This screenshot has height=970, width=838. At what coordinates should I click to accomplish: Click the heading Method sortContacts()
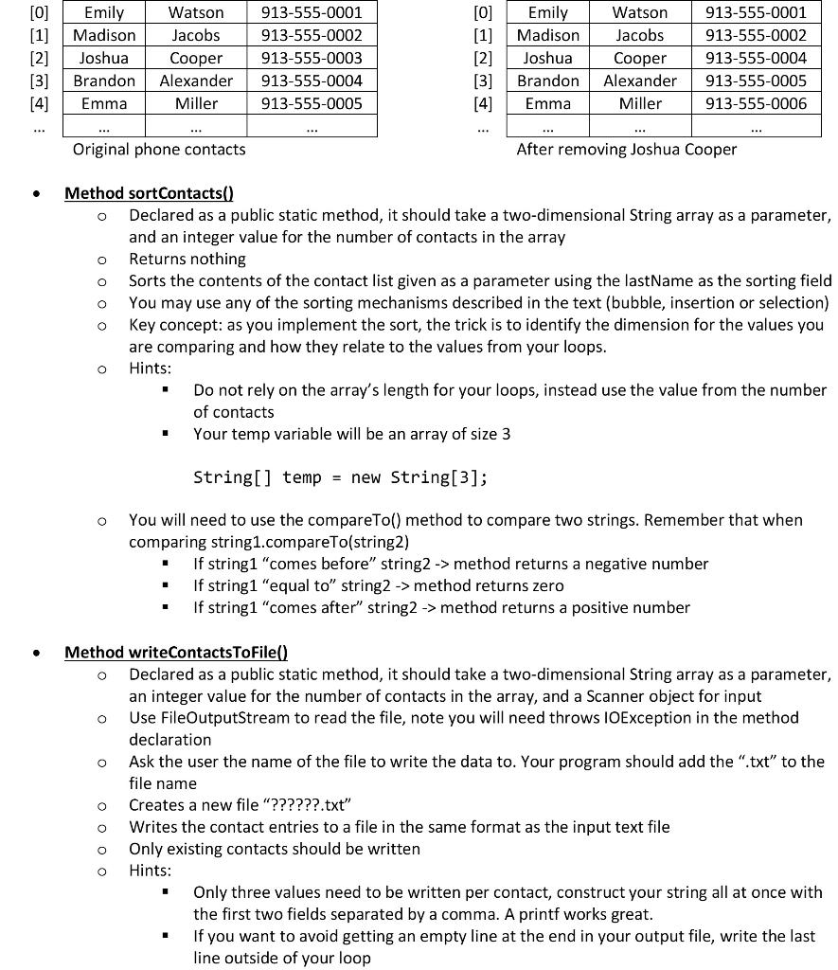tap(149, 193)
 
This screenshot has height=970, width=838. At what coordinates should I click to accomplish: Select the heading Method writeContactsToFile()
tap(176, 652)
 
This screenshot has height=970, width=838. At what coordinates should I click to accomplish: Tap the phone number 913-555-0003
tap(312, 58)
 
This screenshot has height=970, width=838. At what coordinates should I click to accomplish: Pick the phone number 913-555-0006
tap(756, 103)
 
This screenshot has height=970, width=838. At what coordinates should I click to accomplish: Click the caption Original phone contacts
tap(159, 149)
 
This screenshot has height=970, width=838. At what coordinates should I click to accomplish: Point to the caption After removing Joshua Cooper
tap(626, 149)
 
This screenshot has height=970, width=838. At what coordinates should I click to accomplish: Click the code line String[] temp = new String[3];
tap(341, 477)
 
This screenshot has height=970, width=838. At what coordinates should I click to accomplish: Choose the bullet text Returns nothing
tap(187, 259)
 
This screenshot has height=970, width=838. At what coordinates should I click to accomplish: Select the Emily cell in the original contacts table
tap(104, 12)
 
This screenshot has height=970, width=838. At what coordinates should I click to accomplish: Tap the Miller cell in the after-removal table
tap(640, 103)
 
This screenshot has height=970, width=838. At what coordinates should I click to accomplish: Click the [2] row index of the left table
tap(39, 58)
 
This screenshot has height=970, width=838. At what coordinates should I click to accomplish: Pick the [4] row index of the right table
tap(483, 103)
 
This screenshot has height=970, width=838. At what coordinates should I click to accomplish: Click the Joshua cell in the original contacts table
tap(104, 58)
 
